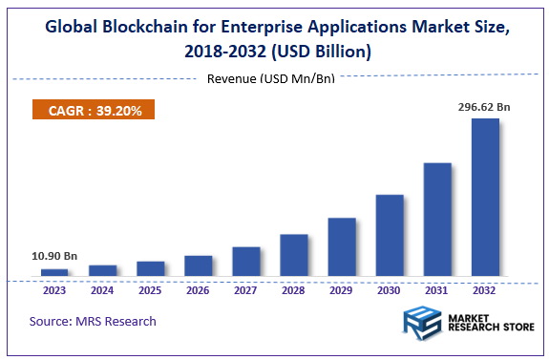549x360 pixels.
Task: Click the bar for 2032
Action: pyautogui.click(x=485, y=198)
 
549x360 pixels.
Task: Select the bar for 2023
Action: pyautogui.click(x=54, y=273)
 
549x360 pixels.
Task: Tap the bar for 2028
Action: pyautogui.click(x=294, y=255)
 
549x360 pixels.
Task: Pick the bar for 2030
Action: pyautogui.click(x=390, y=236)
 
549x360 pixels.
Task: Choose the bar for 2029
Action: pyautogui.click(x=342, y=247)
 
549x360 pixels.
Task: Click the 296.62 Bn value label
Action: pyautogui.click(x=484, y=108)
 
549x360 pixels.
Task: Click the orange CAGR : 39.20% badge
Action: pyautogui.click(x=94, y=111)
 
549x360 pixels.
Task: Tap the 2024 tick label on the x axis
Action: pyautogui.click(x=102, y=290)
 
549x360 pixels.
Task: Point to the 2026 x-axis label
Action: pyautogui.click(x=198, y=290)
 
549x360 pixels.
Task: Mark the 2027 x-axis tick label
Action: pyautogui.click(x=245, y=290)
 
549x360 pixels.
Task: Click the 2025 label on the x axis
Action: pyautogui.click(x=150, y=290)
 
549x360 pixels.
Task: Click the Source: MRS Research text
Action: pyautogui.click(x=93, y=321)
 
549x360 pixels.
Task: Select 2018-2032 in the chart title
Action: pyautogui.click(x=223, y=52)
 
